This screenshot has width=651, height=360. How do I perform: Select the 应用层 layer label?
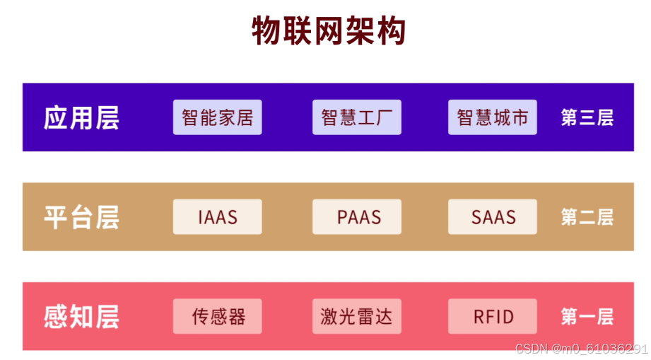(x=81, y=117)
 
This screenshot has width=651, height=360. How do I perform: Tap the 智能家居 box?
(x=217, y=117)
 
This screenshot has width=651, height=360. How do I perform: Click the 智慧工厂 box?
(x=356, y=117)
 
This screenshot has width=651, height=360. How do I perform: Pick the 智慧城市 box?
(x=492, y=117)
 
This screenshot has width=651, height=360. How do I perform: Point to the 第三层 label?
(x=587, y=117)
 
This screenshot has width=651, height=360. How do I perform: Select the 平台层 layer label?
(x=81, y=217)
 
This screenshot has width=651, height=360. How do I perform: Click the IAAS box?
(x=217, y=217)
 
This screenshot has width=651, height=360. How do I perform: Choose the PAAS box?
(x=356, y=217)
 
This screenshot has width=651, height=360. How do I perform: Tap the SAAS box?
(x=492, y=217)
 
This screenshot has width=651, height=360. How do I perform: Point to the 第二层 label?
(x=587, y=217)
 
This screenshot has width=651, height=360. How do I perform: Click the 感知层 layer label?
(x=81, y=316)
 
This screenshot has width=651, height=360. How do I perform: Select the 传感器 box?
(x=217, y=316)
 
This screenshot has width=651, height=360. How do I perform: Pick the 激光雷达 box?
(x=356, y=316)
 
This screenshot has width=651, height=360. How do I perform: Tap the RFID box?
(x=492, y=316)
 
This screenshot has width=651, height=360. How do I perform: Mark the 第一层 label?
(x=587, y=316)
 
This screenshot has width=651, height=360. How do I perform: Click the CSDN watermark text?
(x=581, y=349)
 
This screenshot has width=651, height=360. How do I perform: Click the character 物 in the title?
(x=267, y=31)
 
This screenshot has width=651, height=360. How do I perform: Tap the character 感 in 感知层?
(x=57, y=316)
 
